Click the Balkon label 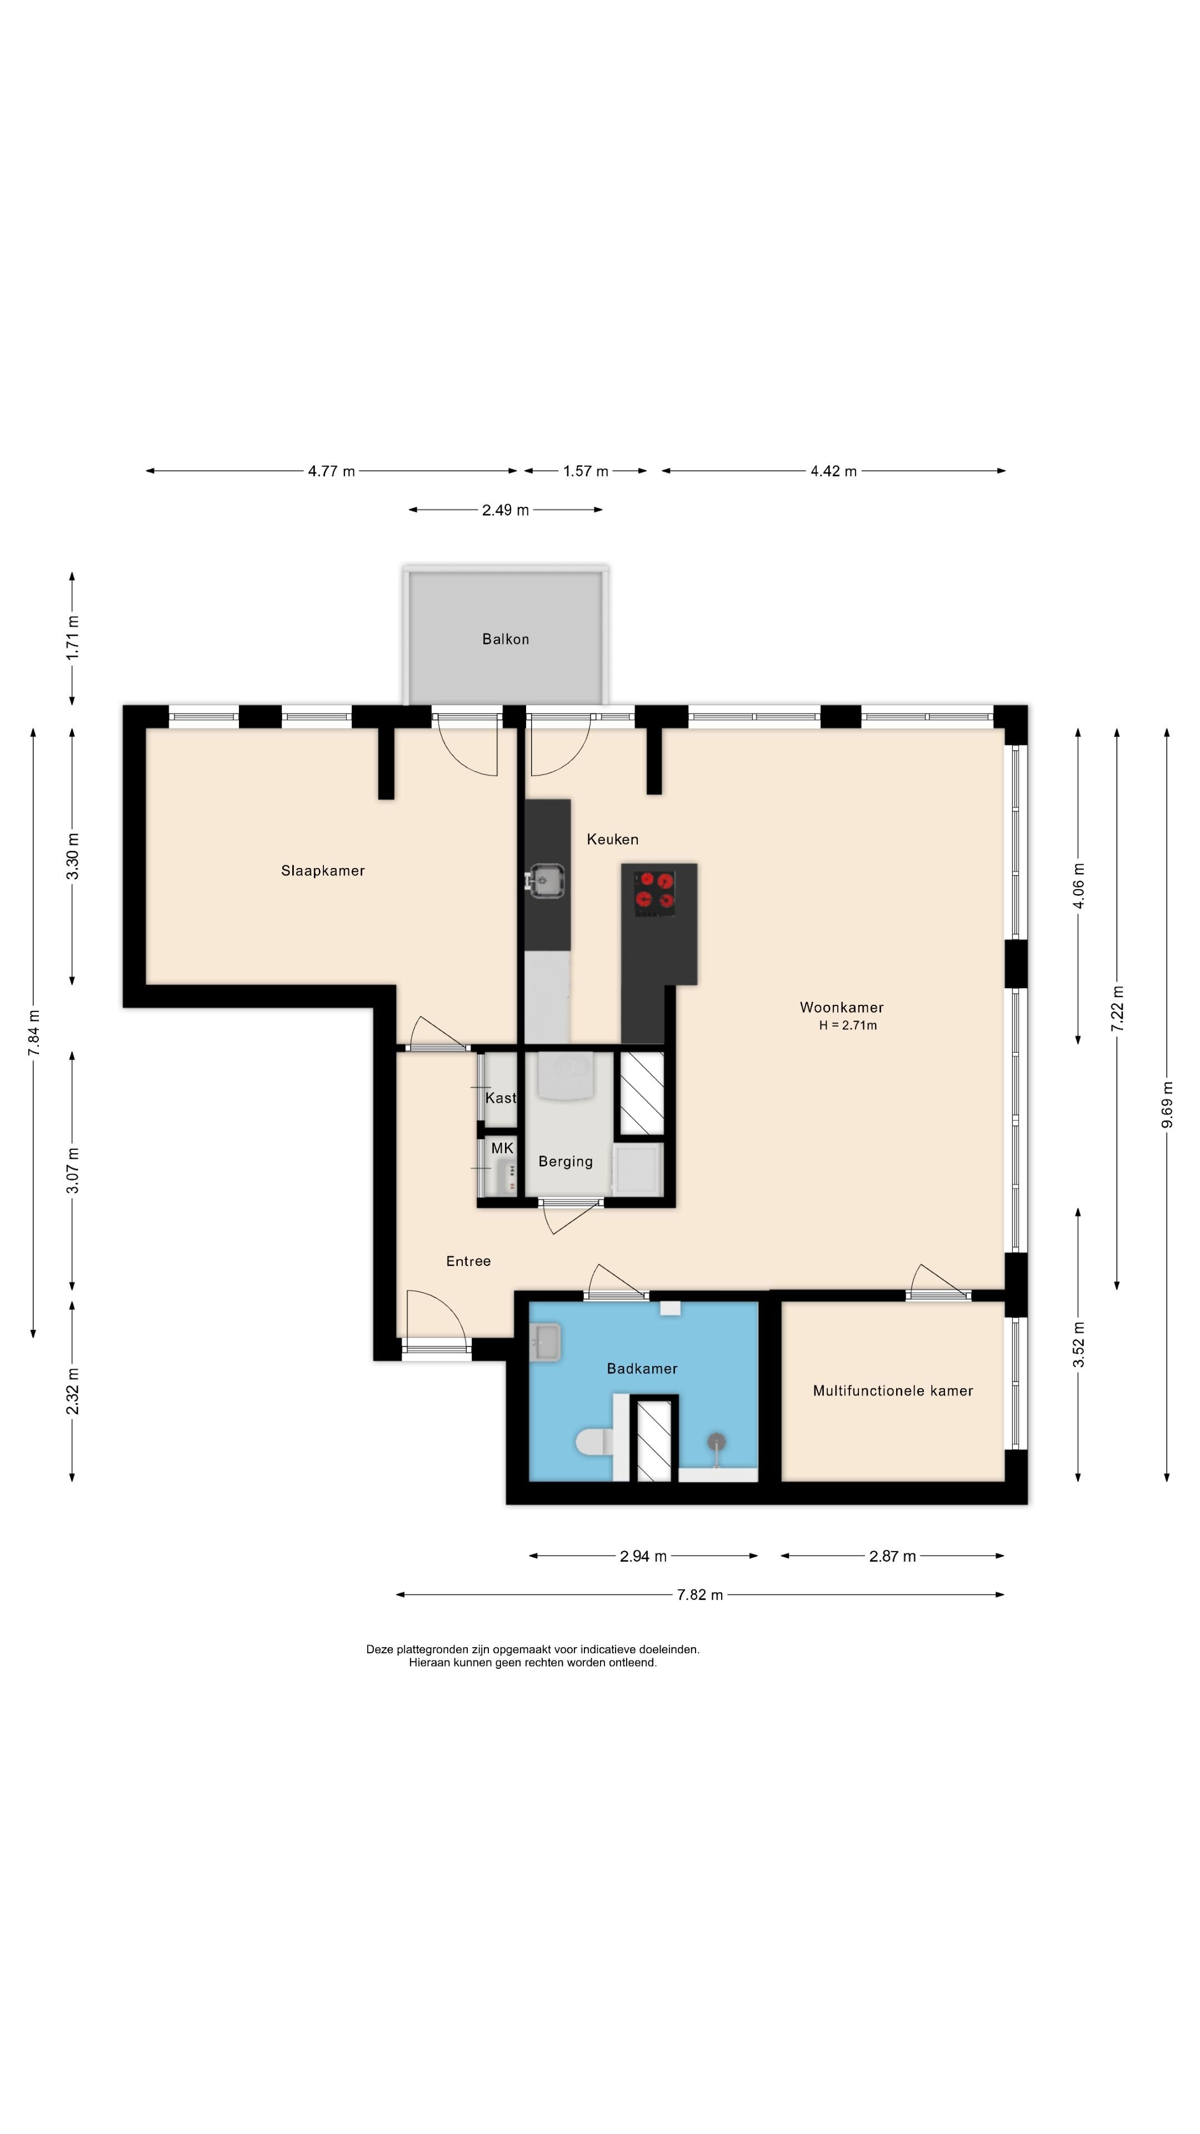(x=505, y=639)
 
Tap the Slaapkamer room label (x=323, y=871)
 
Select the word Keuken (x=613, y=839)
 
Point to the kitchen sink (x=547, y=880)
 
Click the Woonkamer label (x=842, y=1008)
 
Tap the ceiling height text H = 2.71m (x=848, y=1025)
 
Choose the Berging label (x=566, y=1161)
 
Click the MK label (x=502, y=1148)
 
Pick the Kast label (x=500, y=1098)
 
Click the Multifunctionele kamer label (x=893, y=1391)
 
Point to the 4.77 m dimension (x=331, y=471)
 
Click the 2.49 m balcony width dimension (x=505, y=510)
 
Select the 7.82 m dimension (x=700, y=1595)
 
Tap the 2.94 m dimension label (x=643, y=1557)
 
